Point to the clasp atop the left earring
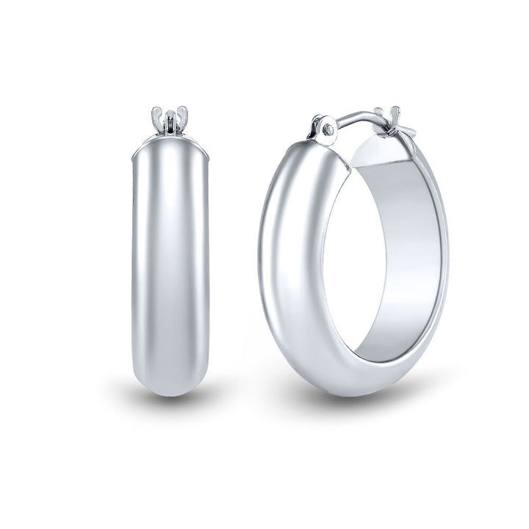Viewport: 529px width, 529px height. tap(170, 120)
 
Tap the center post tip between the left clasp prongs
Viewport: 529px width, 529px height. tap(170, 114)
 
